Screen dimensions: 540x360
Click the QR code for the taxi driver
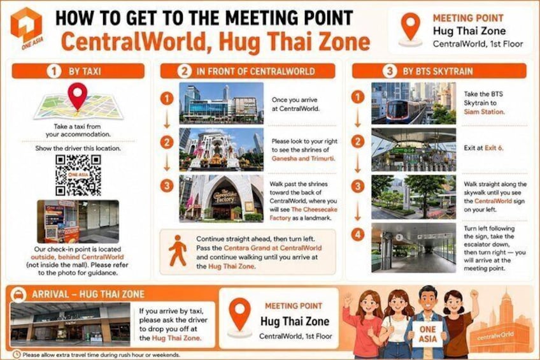click(78, 175)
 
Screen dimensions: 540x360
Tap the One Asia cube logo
click(26, 25)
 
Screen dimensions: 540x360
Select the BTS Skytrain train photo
click(413, 103)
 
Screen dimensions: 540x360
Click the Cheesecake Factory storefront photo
click(221, 198)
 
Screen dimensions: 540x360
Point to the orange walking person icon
click(178, 251)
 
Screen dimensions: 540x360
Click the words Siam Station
click(484, 112)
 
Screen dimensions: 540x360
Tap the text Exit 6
click(494, 148)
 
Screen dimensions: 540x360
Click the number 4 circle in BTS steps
click(358, 234)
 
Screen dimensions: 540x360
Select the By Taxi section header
click(78, 71)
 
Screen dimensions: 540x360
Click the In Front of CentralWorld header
click(248, 71)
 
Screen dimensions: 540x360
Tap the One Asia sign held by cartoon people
click(427, 334)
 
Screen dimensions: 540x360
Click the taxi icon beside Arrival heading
click(18, 295)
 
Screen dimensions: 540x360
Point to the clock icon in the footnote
click(17, 354)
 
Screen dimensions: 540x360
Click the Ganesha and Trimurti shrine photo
click(221, 150)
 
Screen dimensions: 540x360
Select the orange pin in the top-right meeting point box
click(411, 27)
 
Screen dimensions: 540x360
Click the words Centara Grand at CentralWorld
click(273, 248)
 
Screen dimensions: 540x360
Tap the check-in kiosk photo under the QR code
click(78, 222)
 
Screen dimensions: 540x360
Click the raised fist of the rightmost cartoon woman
click(474, 294)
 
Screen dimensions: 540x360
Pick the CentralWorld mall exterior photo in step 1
click(221, 103)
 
